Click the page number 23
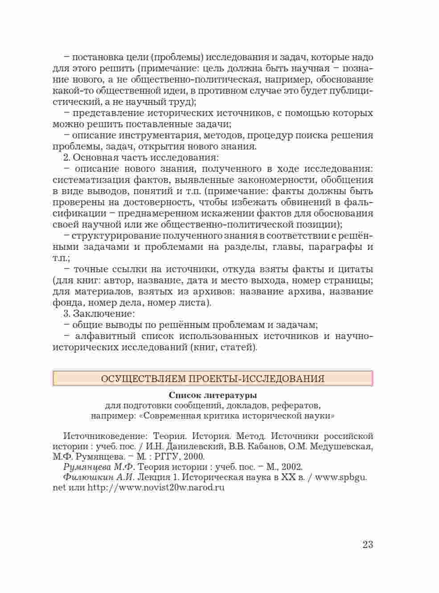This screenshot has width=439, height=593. point(367,544)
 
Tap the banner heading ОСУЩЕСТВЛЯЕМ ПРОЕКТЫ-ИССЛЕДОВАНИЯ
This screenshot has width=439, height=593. point(213,379)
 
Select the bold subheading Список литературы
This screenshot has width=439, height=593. point(213,395)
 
